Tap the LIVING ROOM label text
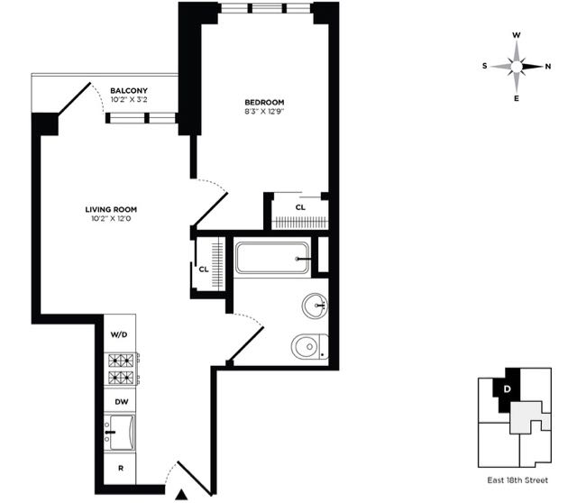click(112, 209)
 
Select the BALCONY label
click(129, 90)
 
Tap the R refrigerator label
click(120, 470)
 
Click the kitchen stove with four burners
click(120, 368)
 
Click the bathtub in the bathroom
click(272, 259)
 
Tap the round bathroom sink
click(316, 306)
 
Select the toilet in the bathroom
click(309, 345)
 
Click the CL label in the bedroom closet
click(300, 207)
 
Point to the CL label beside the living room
click(204, 269)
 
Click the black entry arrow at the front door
click(182, 493)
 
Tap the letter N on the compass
click(548, 66)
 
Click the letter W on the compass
click(517, 35)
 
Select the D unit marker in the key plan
click(508, 389)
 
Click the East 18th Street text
click(514, 482)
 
